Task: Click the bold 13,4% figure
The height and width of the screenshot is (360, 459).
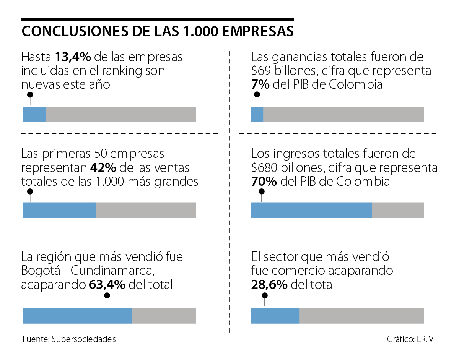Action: click(73, 57)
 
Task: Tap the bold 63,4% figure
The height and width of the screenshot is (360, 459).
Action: click(107, 285)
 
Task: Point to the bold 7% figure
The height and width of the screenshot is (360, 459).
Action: click(260, 84)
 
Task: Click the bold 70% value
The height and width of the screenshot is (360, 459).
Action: click(264, 182)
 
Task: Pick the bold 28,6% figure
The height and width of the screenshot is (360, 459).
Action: click(269, 285)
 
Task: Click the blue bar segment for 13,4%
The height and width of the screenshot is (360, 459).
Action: click(34, 115)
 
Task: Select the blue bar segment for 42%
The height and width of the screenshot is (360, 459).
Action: click(59, 210)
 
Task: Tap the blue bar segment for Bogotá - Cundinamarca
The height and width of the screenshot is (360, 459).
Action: click(77, 316)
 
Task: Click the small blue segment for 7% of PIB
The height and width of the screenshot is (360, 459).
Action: click(257, 115)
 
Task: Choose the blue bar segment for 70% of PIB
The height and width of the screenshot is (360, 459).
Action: click(311, 210)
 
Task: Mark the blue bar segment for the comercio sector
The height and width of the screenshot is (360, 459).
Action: click(275, 316)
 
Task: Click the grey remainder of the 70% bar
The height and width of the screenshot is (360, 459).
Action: click(398, 210)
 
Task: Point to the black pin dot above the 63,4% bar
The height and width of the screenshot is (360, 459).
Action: click(107, 295)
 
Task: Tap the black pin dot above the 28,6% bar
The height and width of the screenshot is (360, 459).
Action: click(264, 295)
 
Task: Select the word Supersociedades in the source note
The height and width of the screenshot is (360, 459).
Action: click(83, 339)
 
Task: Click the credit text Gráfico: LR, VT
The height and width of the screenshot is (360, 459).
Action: click(412, 339)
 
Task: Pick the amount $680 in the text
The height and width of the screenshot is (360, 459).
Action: click(264, 168)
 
